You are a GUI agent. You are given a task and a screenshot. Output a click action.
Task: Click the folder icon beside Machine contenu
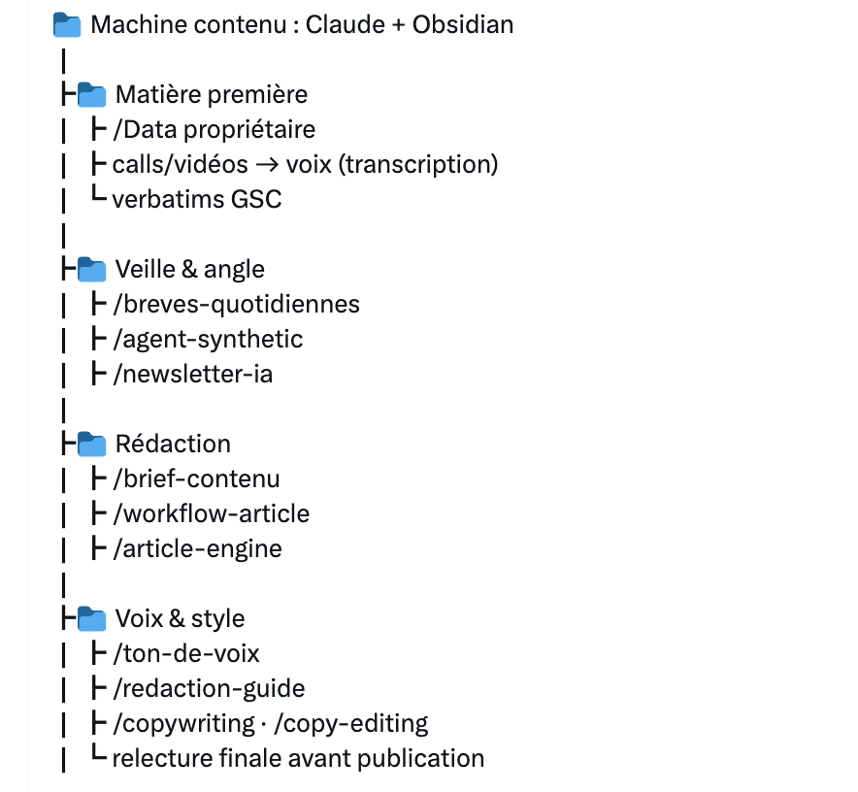67,25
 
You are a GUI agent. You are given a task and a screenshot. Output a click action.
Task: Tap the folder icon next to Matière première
91,95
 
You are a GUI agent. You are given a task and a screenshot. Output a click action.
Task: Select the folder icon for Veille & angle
91,269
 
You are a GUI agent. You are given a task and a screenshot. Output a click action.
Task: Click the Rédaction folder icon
91,444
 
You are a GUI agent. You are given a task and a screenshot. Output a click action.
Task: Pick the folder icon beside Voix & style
91,618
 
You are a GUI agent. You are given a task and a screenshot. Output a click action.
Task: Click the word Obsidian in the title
463,24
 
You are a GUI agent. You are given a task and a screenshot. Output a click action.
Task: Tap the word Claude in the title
346,24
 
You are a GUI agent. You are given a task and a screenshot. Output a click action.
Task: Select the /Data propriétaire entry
214,130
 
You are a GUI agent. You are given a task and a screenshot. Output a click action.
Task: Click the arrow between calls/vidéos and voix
267,165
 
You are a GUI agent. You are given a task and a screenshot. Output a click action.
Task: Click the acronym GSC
256,199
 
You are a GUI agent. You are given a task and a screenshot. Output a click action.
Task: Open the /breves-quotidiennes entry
237,305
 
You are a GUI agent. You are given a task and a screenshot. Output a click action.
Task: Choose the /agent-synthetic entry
208,340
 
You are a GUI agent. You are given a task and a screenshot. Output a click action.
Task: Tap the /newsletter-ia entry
192,375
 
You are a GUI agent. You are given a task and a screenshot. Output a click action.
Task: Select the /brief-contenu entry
196,478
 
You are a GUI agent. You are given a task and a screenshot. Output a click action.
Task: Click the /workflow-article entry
212,514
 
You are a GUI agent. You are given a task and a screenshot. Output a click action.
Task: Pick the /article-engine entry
198,549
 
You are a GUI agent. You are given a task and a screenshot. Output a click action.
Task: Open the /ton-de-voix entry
186,653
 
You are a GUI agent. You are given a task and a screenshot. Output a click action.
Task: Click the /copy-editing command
351,724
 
